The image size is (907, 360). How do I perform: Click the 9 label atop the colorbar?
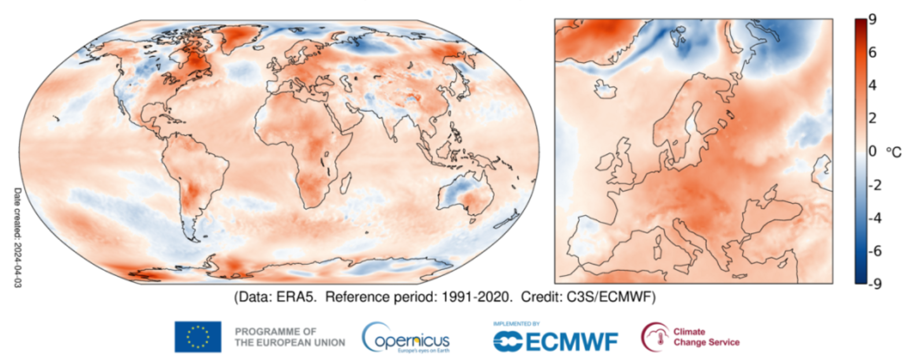pyautogui.click(x=872, y=19)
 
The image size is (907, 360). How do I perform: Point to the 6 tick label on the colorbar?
pyautogui.click(x=872, y=52)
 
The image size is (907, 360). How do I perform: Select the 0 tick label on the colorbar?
pyautogui.click(x=872, y=151)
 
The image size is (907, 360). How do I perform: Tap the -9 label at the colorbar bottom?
pyautogui.click(x=874, y=284)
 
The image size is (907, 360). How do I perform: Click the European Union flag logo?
pyautogui.click(x=198, y=337)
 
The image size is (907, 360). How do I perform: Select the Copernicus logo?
pyautogui.click(x=406, y=337)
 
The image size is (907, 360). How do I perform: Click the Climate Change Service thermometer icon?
pyautogui.click(x=654, y=337)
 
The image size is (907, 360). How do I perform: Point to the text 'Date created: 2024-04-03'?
pyautogui.click(x=17, y=237)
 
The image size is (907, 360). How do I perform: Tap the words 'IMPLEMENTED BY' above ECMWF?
pyautogui.click(x=516, y=324)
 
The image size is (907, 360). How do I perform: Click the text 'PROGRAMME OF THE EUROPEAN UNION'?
pyautogui.click(x=289, y=337)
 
